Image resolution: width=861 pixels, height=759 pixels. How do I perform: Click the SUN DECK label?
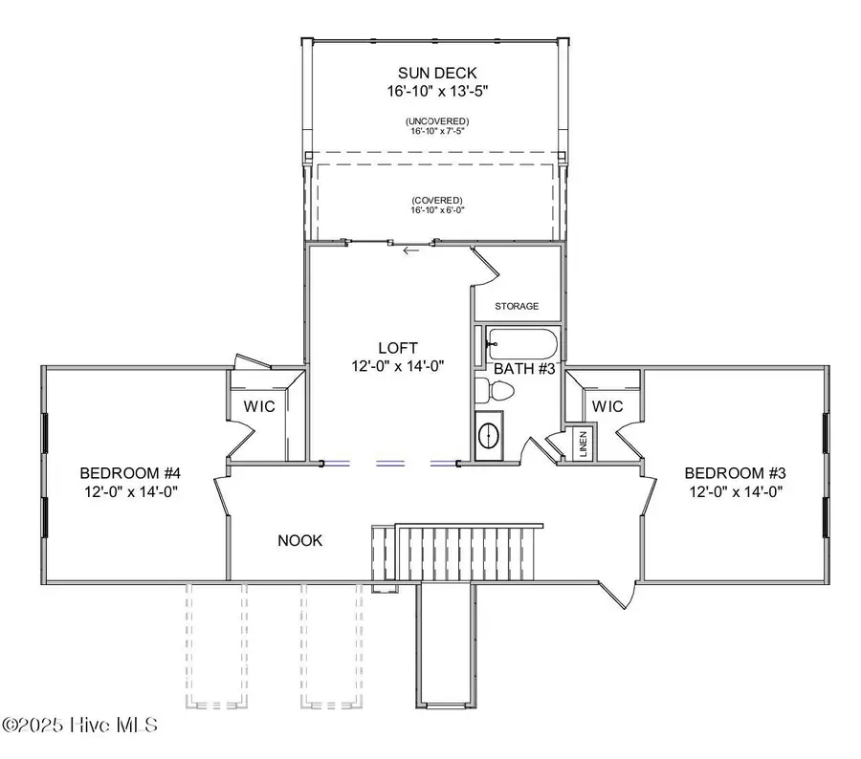(x=436, y=73)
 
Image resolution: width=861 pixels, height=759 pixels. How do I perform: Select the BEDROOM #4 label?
(x=130, y=473)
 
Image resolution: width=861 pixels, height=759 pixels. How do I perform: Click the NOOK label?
(x=300, y=540)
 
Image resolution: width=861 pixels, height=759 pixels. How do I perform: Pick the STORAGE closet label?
(x=517, y=307)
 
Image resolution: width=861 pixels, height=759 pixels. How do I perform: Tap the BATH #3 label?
(x=523, y=368)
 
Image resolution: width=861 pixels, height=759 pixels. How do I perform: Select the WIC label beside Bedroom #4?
(x=258, y=406)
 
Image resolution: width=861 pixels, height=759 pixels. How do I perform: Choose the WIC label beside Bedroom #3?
(x=607, y=406)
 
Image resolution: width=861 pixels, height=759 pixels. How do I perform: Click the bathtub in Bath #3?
(x=522, y=342)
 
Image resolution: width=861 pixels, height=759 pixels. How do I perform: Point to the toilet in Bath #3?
(x=497, y=390)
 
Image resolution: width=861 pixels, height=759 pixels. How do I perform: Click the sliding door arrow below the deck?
(x=412, y=251)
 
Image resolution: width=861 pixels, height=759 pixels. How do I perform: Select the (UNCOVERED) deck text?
(x=436, y=121)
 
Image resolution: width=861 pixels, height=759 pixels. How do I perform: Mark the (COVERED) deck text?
(x=436, y=201)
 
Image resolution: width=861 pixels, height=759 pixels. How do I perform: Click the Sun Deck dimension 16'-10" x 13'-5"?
(x=436, y=92)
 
